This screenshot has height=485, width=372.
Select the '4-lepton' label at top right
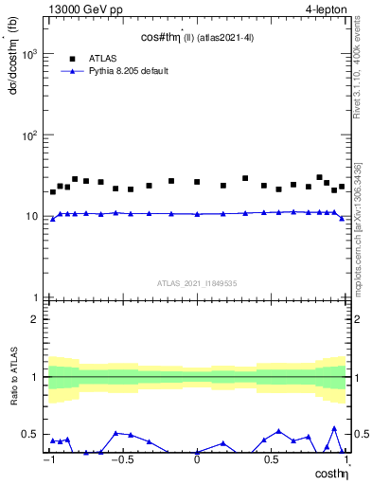click(325, 9)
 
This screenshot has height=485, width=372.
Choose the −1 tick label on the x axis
click(49, 459)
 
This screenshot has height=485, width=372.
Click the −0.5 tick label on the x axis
click(121, 459)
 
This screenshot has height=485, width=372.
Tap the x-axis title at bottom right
click(330, 473)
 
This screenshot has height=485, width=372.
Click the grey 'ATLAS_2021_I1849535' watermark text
click(197, 283)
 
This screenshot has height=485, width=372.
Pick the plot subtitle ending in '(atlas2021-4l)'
click(197, 35)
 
